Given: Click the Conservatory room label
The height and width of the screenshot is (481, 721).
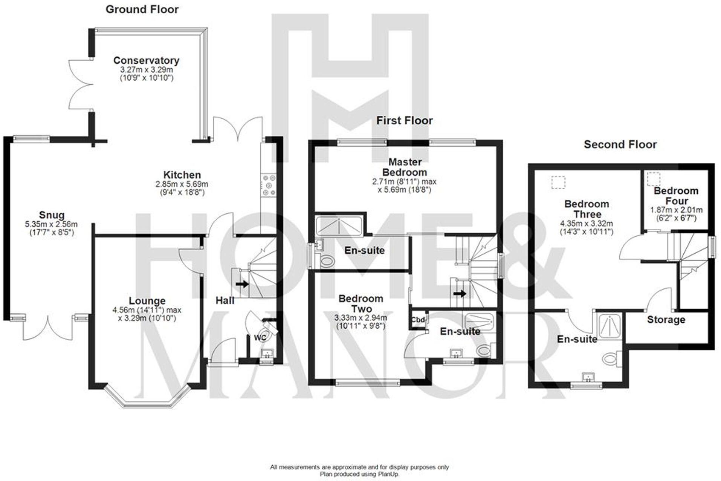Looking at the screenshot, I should [x=146, y=60].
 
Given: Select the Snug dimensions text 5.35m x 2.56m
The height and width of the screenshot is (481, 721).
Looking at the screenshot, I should [x=51, y=224].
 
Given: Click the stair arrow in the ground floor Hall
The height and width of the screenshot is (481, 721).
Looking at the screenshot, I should [x=242, y=284].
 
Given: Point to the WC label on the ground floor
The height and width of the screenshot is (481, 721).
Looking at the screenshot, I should [x=260, y=338].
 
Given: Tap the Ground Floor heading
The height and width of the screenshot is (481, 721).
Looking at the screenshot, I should [x=142, y=9].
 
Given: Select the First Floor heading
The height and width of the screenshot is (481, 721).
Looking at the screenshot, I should [x=404, y=121].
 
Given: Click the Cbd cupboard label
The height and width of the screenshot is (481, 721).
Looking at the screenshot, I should [x=418, y=320].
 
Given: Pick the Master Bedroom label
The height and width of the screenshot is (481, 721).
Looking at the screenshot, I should [x=405, y=167].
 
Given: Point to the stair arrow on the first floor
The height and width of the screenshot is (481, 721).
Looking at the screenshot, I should [x=460, y=293].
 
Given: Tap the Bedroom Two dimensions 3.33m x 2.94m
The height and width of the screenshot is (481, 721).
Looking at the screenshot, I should [x=360, y=318].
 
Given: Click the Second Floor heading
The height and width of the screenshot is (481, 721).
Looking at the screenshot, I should [x=620, y=144].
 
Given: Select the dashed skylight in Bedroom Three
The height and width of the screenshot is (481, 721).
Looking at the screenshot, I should [x=559, y=182].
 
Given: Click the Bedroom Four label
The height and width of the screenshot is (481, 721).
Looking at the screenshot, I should [x=676, y=196].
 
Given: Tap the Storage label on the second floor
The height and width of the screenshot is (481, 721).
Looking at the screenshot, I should [x=666, y=320].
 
